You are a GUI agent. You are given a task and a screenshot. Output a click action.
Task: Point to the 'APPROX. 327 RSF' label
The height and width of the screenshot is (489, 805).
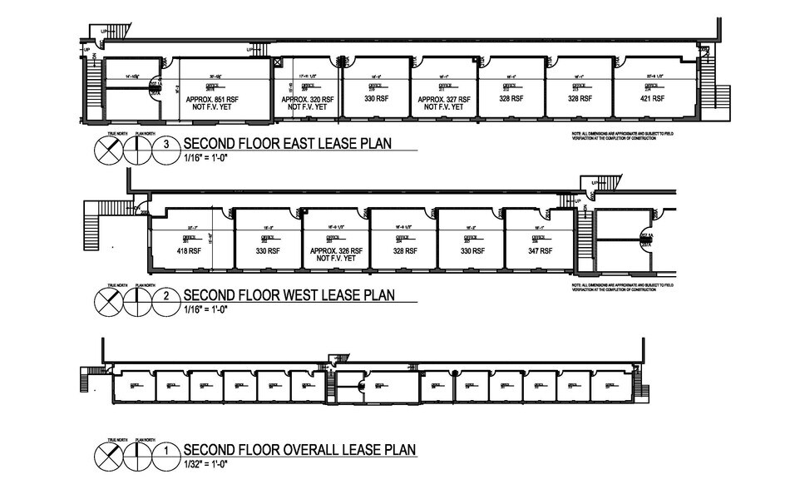[x=445, y=98]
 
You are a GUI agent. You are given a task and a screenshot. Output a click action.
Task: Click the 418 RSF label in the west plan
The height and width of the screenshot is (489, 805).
[x=185, y=249]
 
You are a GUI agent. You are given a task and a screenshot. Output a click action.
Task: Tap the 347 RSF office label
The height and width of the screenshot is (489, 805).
[x=539, y=249]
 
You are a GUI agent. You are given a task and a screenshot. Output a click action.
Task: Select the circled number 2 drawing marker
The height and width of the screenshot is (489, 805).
[x=167, y=294]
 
